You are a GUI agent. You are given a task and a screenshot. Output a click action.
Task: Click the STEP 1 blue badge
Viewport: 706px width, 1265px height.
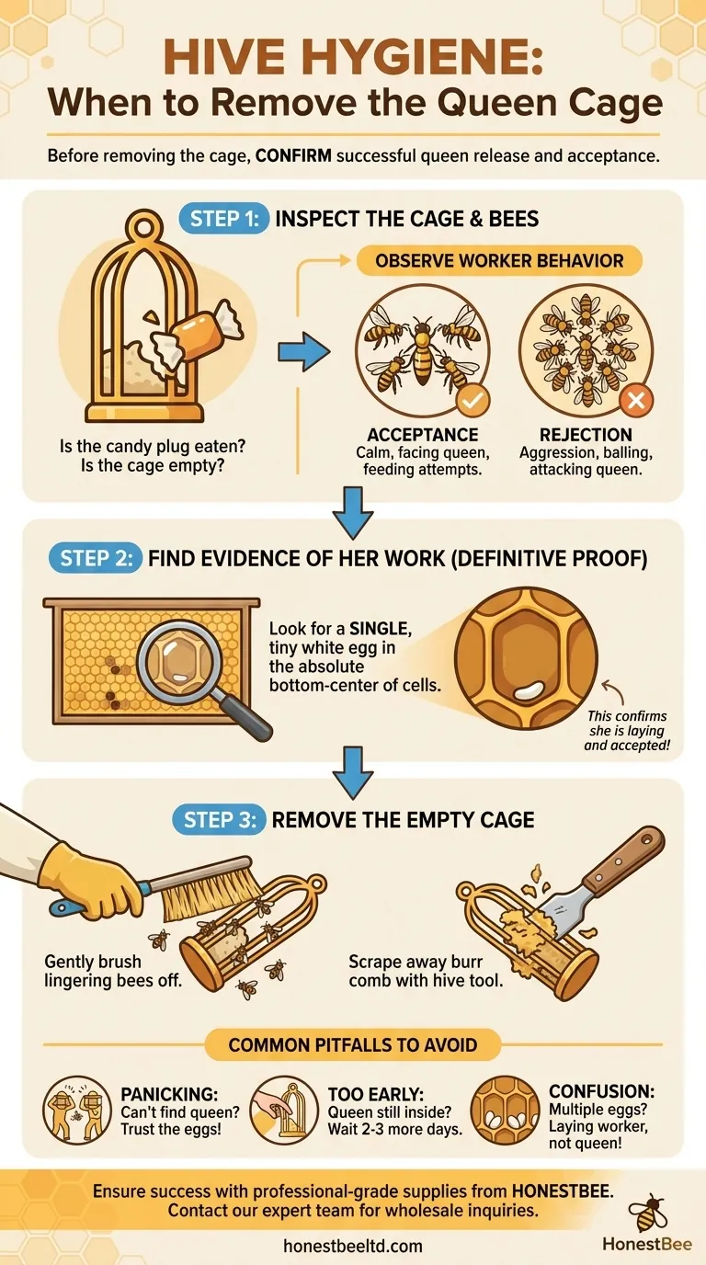[x=223, y=219]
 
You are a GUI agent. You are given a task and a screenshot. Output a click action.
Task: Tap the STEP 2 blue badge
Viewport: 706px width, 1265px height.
[x=95, y=558]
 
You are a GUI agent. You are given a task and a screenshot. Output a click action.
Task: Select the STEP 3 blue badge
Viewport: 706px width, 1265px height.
[x=219, y=819]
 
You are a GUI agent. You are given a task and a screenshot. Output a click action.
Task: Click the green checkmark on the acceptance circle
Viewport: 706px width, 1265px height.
[x=473, y=401]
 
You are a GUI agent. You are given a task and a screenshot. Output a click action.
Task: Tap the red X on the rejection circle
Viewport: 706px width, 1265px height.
[x=636, y=401]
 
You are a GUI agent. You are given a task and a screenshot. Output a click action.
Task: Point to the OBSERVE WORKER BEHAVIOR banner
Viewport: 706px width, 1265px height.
[x=499, y=260]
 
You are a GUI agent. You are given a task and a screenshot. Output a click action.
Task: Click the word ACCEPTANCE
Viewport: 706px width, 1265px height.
[x=423, y=434]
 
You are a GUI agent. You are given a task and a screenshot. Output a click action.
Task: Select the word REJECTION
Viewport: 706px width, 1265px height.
[x=586, y=434]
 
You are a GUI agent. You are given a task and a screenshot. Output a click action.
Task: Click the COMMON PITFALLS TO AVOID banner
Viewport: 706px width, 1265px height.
[x=352, y=1044]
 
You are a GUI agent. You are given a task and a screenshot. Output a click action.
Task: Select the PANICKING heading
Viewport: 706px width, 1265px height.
[x=169, y=1094]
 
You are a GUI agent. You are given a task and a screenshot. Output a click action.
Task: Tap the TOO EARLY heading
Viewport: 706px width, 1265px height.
[x=376, y=1094]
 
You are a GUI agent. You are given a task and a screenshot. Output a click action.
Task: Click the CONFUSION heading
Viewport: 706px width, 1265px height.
[x=601, y=1091]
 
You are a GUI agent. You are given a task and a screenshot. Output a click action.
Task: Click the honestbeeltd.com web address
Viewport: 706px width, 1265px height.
[x=353, y=1246]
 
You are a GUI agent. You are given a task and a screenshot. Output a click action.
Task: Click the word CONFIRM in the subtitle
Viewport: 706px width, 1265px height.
[x=293, y=155]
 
